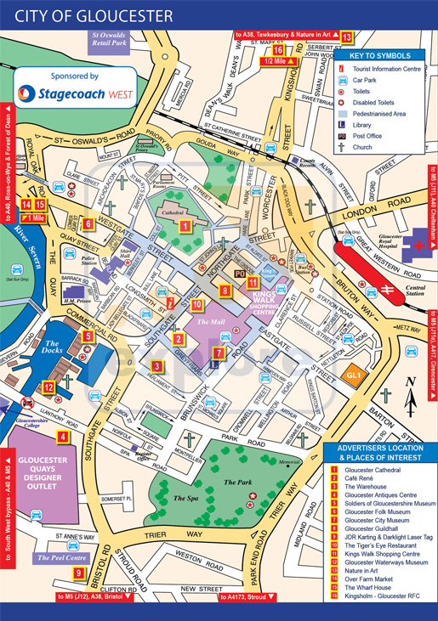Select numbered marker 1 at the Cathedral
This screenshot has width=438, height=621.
pos(185,226)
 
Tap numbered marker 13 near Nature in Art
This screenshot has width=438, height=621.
pos(346,37)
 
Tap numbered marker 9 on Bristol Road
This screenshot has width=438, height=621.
pos(78,573)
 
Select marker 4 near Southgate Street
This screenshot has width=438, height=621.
pos(63,438)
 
